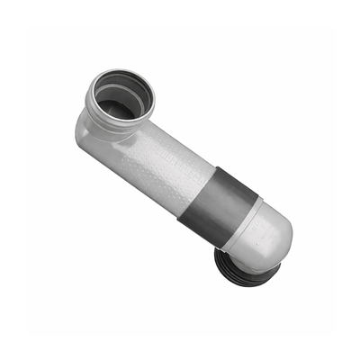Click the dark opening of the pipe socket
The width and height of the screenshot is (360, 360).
click(x=117, y=101)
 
